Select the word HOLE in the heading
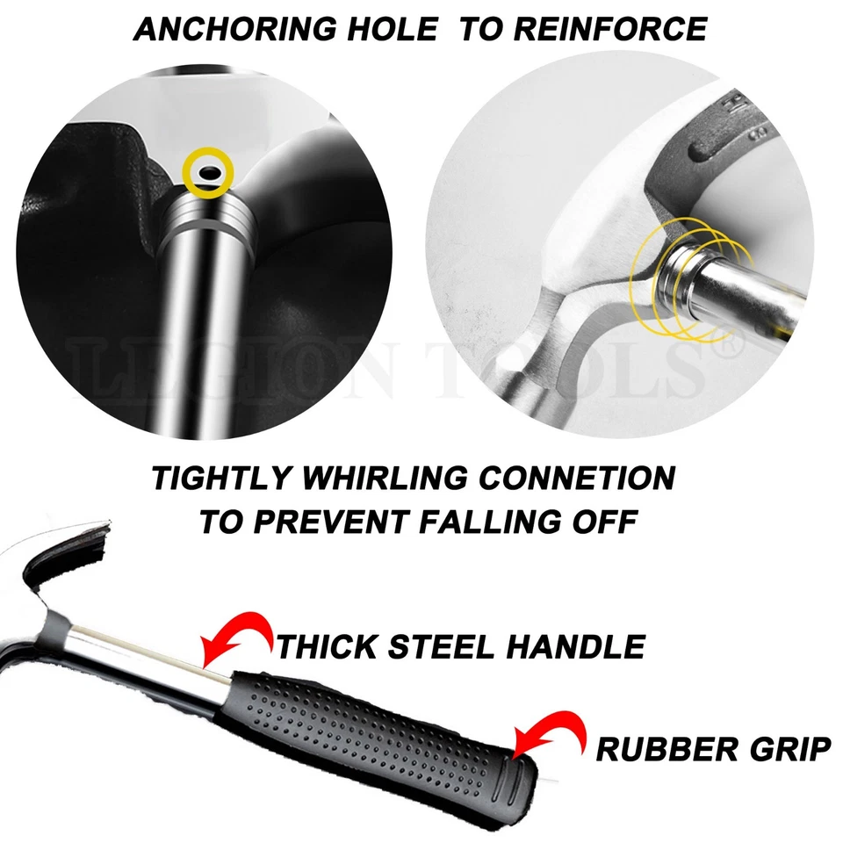395,29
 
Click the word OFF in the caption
607,521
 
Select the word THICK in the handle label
327,646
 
